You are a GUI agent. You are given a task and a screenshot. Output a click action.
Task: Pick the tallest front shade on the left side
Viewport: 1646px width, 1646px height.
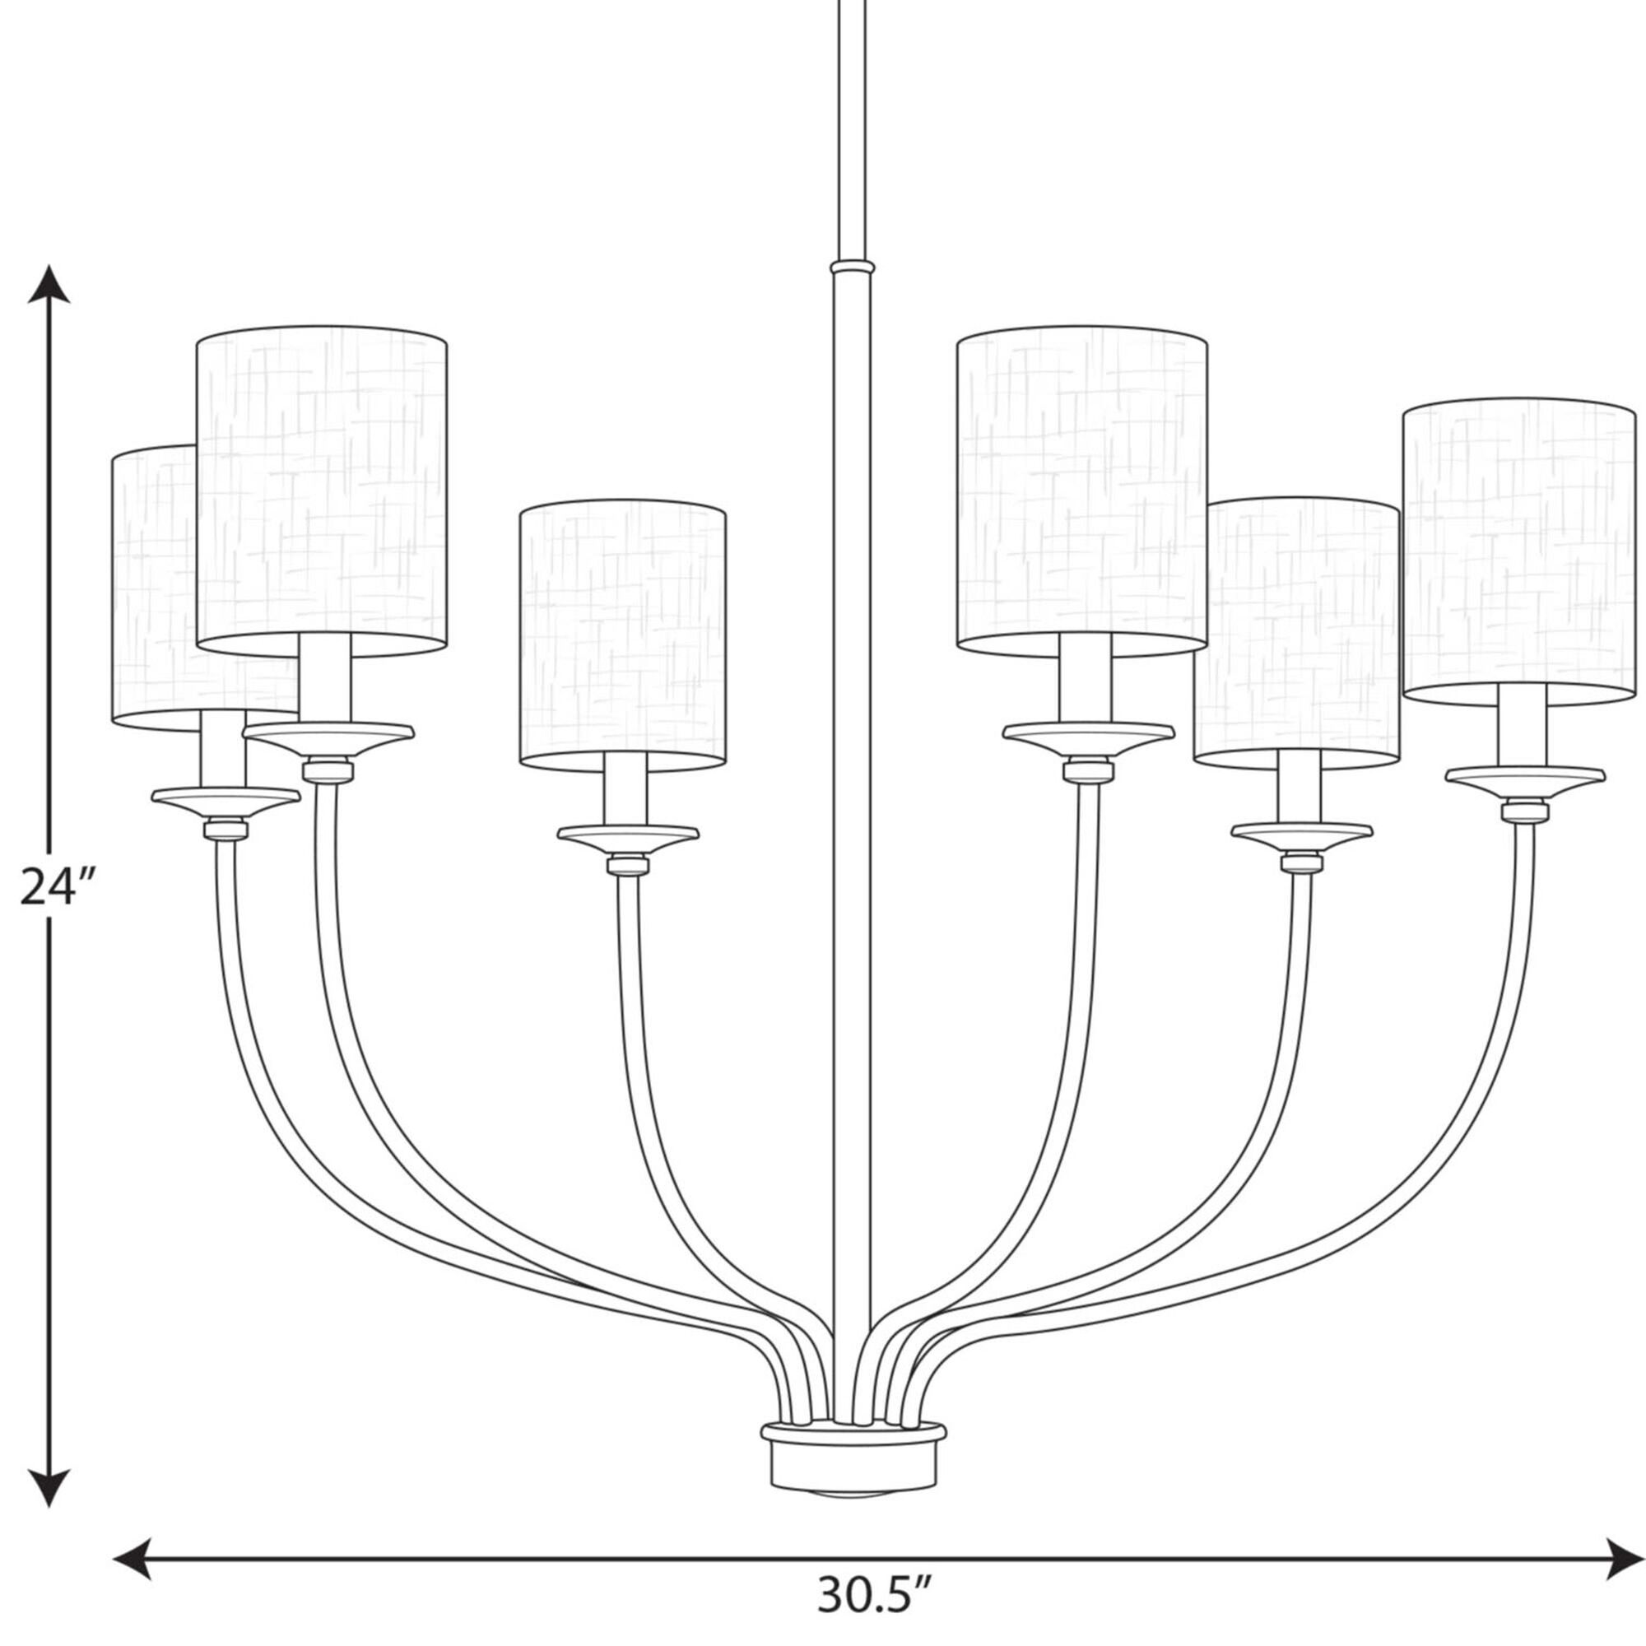tap(321, 491)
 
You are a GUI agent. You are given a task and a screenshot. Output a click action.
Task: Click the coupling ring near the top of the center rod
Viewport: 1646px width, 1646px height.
tap(852, 267)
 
